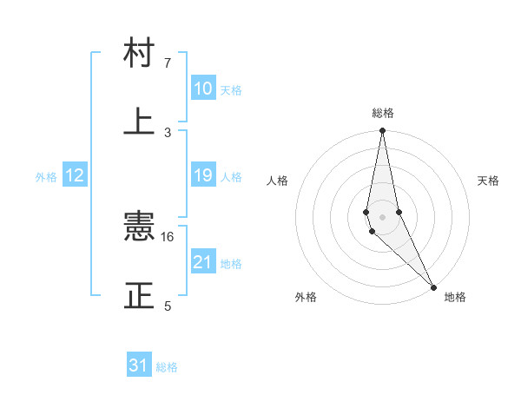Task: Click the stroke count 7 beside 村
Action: tap(168, 63)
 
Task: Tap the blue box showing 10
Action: tap(203, 89)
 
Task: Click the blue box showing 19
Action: tap(203, 175)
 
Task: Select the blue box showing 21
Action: tap(203, 261)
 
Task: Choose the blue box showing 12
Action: tap(75, 175)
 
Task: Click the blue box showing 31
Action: tap(139, 365)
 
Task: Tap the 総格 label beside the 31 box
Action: tap(167, 367)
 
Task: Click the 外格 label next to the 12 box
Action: tap(46, 177)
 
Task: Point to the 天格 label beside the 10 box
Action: tap(231, 90)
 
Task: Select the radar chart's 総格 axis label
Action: tap(383, 113)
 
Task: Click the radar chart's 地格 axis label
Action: tap(455, 297)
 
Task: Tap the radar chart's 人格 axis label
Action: tap(278, 181)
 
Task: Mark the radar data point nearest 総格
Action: tap(382, 130)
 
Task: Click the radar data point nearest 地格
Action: tap(433, 286)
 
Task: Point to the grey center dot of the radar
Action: tap(382, 216)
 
